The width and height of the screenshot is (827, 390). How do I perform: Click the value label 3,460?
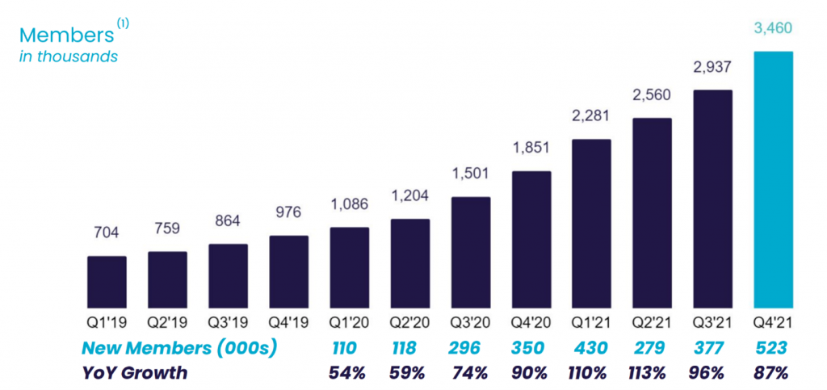click(773, 29)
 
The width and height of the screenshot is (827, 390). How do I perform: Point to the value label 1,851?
click(531, 149)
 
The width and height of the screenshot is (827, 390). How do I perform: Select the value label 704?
click(107, 233)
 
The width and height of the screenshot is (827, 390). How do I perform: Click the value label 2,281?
click(591, 117)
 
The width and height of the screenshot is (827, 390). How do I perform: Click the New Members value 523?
click(773, 348)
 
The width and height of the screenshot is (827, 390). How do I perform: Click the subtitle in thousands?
click(69, 57)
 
